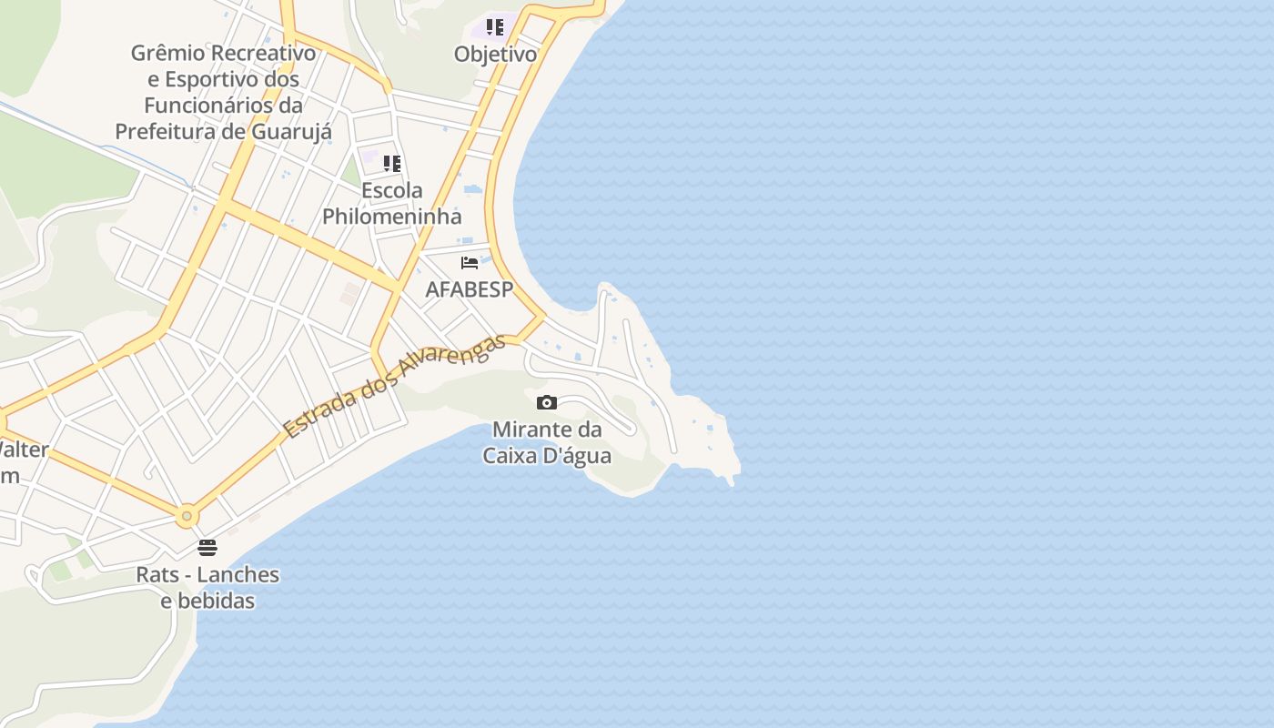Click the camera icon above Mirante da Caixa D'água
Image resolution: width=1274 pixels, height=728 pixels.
547,402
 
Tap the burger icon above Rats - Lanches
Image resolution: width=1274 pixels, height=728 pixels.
207,547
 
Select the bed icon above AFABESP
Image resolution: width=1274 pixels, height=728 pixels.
470,262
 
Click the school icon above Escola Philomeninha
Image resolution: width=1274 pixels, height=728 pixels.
392,164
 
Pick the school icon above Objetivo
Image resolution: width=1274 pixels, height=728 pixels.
495,27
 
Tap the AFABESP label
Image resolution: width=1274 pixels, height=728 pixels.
470,289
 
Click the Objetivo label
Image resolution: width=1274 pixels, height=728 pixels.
495,54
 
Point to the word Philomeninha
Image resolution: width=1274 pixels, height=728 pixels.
392,217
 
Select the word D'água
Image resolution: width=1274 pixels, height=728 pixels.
577,455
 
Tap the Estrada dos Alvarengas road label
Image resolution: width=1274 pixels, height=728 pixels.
393,387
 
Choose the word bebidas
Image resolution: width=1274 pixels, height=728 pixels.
216,601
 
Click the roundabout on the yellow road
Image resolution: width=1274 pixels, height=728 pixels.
187,516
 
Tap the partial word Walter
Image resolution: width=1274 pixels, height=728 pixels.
24,450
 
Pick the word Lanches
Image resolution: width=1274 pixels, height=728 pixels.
238,575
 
